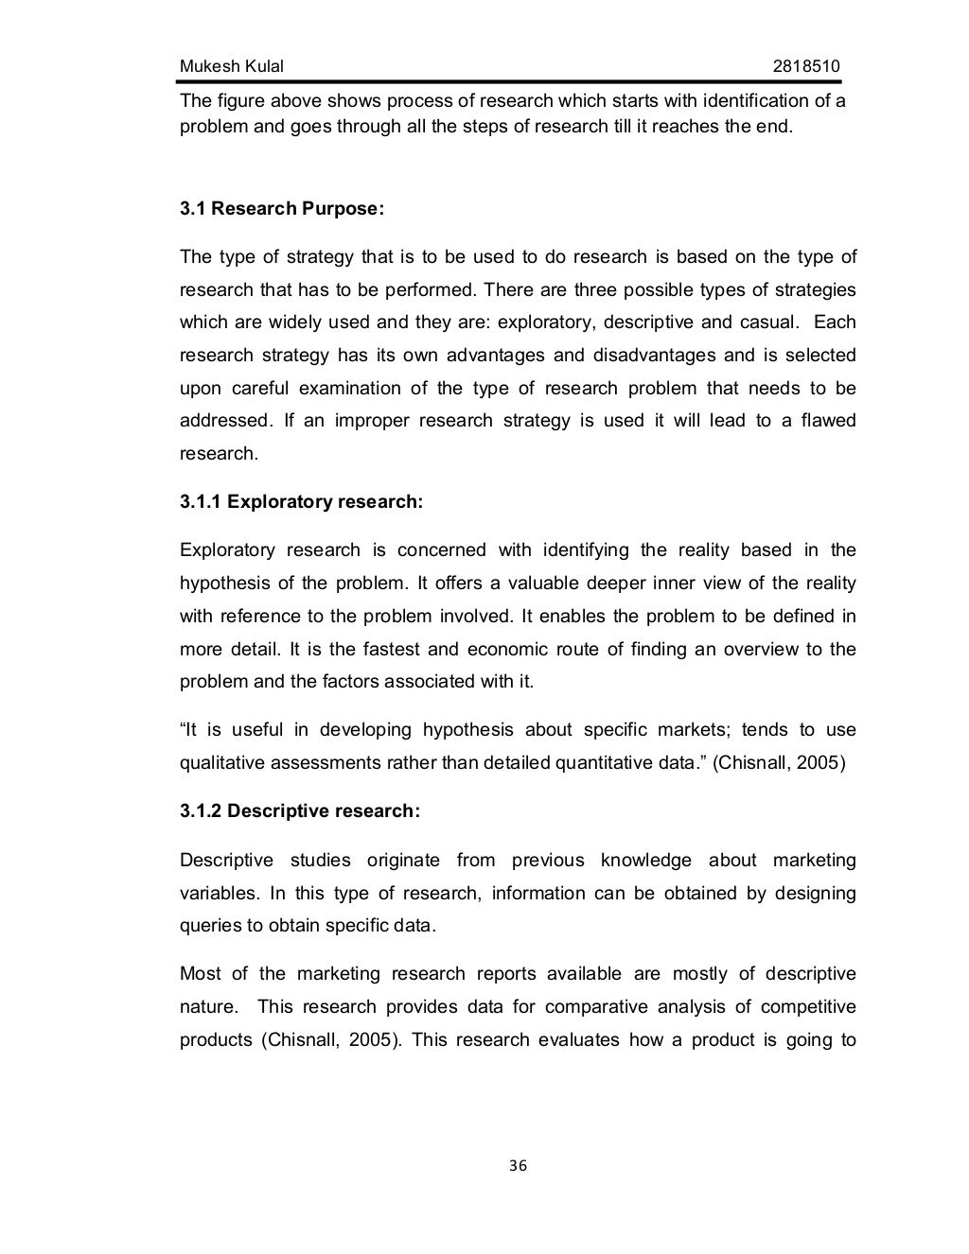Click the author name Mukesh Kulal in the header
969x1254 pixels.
coord(231,66)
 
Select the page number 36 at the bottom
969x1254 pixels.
coord(518,1165)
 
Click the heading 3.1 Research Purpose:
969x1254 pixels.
coord(282,209)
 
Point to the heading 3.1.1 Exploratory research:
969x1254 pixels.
coord(301,502)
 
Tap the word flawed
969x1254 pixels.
coord(827,421)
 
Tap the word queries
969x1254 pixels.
coord(210,926)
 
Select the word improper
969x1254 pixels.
coord(368,421)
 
